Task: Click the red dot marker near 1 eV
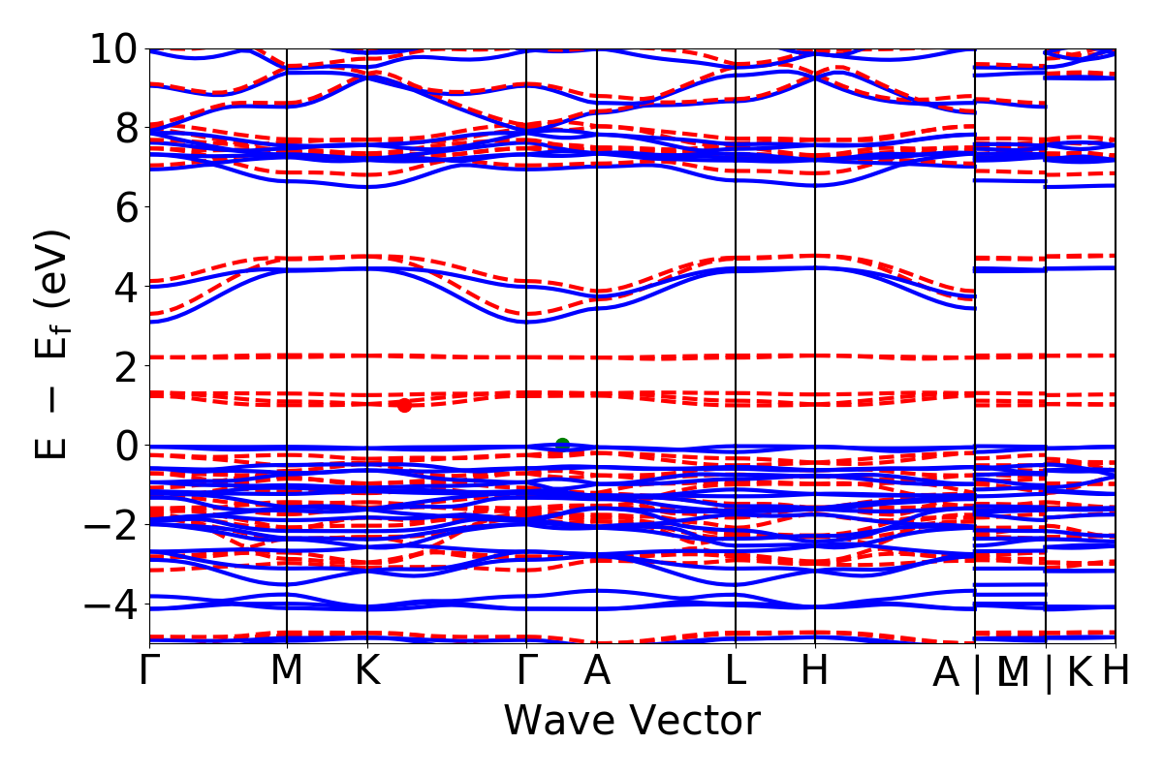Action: click(x=404, y=405)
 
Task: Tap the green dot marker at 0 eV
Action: click(x=562, y=445)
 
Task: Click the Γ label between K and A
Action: click(x=526, y=671)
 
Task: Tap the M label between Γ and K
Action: click(x=287, y=671)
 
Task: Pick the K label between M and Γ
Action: click(x=367, y=671)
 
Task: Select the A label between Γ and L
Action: click(x=597, y=671)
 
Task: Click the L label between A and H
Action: click(x=736, y=671)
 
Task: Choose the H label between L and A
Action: click(x=815, y=671)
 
